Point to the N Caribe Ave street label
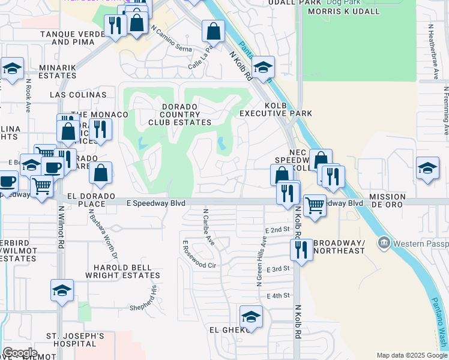[x=209, y=227]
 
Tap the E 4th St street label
[x=277, y=296]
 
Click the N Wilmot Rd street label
[x=61, y=228]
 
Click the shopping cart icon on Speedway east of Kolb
[x=315, y=205]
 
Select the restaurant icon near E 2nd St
[x=301, y=249]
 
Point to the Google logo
[x=20, y=353]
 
